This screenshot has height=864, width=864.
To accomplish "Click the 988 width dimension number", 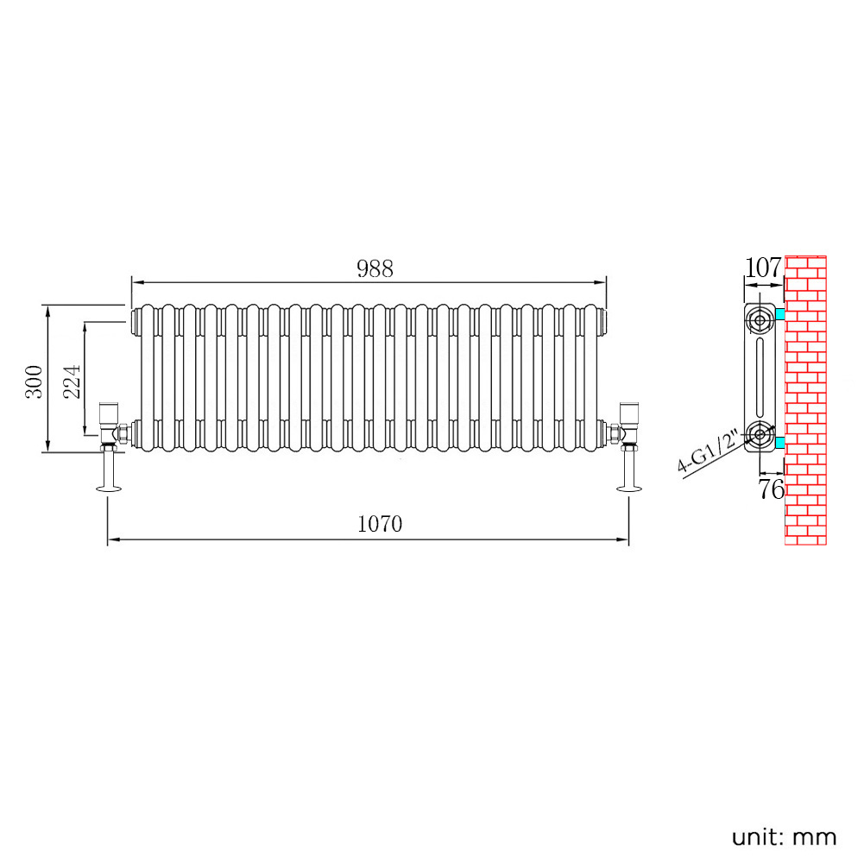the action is [x=375, y=269].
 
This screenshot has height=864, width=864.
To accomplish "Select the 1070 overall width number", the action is [x=380, y=523].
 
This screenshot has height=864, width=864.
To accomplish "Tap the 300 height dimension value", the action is [x=35, y=382].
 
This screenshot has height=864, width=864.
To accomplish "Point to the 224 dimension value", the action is [x=72, y=382].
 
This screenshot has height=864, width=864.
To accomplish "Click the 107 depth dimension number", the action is [x=763, y=268].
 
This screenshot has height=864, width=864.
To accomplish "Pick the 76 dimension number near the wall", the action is [x=771, y=489].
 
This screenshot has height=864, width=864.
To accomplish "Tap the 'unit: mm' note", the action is [x=784, y=837].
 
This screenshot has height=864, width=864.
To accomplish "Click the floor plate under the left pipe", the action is [x=109, y=488].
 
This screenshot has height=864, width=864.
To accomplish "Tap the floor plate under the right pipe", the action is [x=628, y=488].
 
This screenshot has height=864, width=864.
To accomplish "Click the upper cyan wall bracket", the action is [x=779, y=314].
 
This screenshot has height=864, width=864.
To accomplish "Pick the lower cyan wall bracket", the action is [x=779, y=443].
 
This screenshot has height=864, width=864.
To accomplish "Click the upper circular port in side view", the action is [x=760, y=319].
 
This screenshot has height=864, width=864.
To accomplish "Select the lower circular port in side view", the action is [x=760, y=434].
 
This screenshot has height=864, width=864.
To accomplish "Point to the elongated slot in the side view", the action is [x=760, y=377].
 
